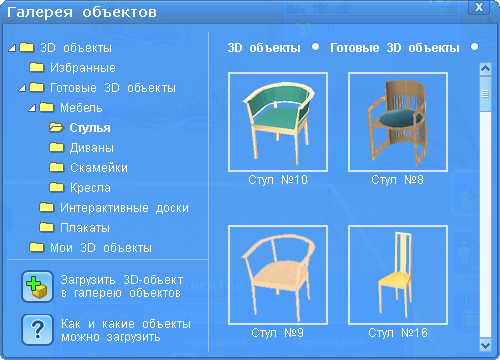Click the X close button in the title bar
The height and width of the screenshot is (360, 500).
pos(479,7)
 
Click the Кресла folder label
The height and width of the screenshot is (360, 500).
pos(90,188)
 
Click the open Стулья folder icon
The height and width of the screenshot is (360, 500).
pos(56,127)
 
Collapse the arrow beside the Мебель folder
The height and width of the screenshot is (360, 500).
pos(32,108)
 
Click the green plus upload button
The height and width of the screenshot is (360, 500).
pos(37,287)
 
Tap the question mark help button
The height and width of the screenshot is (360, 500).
pos(37,330)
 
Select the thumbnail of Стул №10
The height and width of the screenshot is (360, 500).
pos(278,122)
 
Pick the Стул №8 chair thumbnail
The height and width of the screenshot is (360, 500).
pos(398,122)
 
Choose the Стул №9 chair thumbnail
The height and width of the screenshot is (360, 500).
pos(278,275)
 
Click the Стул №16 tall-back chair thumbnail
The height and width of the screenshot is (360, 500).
pos(398,275)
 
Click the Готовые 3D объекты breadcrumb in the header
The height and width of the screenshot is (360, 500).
pos(395,48)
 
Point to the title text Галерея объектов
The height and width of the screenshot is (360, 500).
pos(82,12)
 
